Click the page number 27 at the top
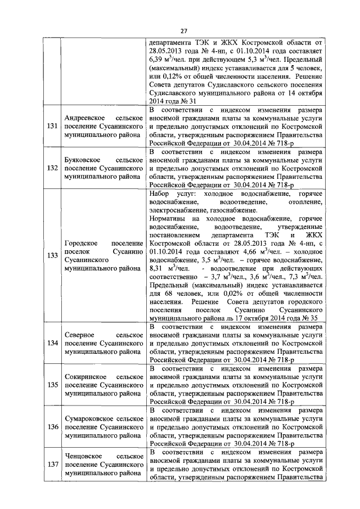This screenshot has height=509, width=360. pyautogui.click(x=183, y=30)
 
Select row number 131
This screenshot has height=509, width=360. pyautogui.click(x=53, y=127)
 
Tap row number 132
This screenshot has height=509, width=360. pyautogui.click(x=53, y=168)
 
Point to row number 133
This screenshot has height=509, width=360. pyautogui.click(x=53, y=255)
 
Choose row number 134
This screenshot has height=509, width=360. pyautogui.click(x=53, y=343)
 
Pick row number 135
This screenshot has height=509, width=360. pyautogui.click(x=53, y=385)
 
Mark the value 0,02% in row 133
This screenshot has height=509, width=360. pyautogui.click(x=232, y=294)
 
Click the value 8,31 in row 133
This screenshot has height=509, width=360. pyautogui.click(x=157, y=268)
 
